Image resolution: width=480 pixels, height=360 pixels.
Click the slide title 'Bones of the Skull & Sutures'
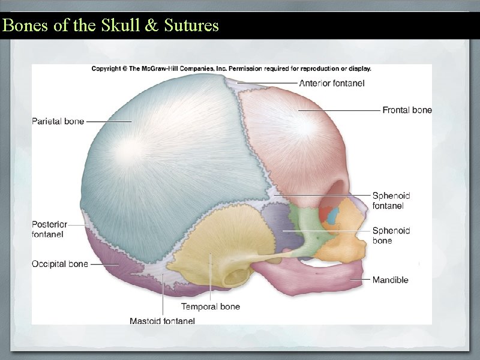point(110,26)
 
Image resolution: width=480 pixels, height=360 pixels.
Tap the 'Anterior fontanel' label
point(332,83)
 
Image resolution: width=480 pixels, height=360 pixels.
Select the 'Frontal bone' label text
point(407,110)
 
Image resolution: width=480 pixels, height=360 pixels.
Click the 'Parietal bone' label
point(58,121)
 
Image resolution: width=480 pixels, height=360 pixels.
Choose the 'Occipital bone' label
point(59,263)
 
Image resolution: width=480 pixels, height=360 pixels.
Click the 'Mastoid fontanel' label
point(162,321)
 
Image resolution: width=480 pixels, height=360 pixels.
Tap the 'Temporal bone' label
point(211,307)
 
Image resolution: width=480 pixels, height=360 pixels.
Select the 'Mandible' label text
point(390,280)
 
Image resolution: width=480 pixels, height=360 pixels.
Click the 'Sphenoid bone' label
point(391,235)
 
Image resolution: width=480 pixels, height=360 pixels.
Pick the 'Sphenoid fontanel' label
point(391,200)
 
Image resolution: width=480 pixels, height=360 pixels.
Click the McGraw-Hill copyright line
point(231,68)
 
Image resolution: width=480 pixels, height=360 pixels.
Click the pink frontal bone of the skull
point(294,138)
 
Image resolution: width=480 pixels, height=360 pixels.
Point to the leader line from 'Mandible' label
point(360,279)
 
